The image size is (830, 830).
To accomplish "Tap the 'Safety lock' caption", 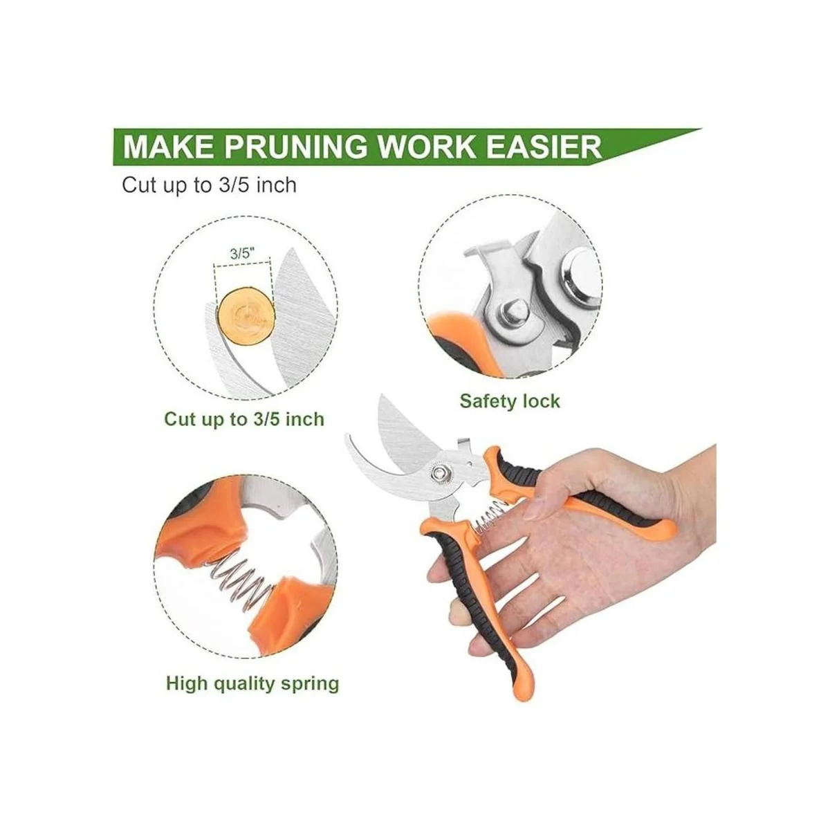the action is coord(510,401).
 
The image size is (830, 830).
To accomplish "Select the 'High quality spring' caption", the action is coord(252,683).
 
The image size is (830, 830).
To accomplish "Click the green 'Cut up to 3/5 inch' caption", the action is coord(243,419).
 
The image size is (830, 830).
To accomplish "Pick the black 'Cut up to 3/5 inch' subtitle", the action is coord(210,185).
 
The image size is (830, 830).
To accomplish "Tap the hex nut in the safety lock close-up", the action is coord(513,311).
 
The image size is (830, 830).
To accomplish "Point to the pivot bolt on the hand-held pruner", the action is coord(439,473).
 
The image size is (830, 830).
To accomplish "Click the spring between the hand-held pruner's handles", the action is coord(490,518).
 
